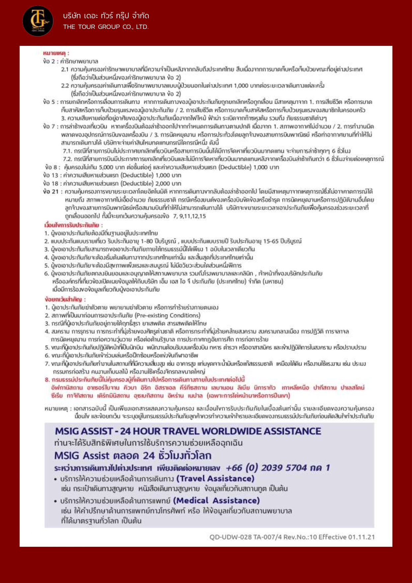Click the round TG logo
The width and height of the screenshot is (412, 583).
tap(38, 21)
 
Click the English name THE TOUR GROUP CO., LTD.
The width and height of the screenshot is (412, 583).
tap(106, 27)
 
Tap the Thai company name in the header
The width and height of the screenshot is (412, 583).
tap(106, 16)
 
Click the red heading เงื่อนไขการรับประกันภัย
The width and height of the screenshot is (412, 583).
tap(73, 225)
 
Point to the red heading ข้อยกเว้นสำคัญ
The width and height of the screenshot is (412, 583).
tap(65, 299)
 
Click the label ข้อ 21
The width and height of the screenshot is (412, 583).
tap(51, 191)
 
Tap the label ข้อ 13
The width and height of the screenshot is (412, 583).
tap(51, 175)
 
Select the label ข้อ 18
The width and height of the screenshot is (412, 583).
tap(51, 183)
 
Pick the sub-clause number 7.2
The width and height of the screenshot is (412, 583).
tap(67, 159)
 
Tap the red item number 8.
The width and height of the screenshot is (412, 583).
tap(47, 380)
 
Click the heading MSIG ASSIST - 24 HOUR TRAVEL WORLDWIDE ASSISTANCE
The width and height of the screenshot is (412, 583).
tap(188, 431)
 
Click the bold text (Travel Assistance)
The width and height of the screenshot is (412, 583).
tap(215, 478)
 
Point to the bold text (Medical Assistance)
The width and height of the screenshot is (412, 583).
tap(216, 500)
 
